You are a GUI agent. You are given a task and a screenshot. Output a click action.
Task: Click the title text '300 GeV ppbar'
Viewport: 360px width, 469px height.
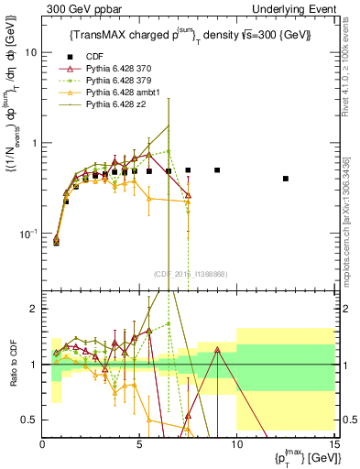click(x=77, y=7)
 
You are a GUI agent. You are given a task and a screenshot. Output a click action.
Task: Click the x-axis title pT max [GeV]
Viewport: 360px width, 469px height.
click(x=302, y=457)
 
